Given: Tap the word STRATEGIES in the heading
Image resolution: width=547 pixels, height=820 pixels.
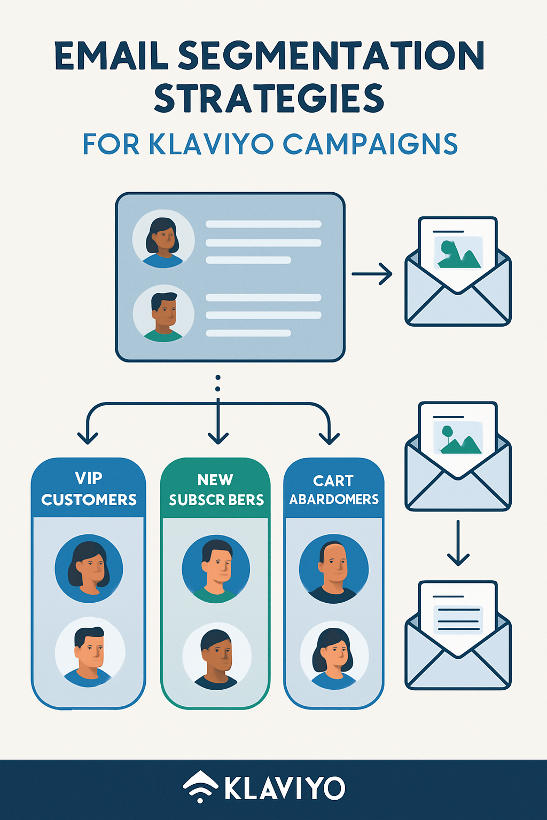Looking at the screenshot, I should [269, 99].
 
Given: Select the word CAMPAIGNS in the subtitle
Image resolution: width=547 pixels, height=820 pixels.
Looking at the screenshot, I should [370, 144].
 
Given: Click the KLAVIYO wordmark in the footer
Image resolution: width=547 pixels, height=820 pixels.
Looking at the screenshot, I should [284, 789].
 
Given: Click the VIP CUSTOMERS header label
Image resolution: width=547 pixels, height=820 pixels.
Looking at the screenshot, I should [89, 488].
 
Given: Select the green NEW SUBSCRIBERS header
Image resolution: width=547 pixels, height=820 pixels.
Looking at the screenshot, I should [216, 489].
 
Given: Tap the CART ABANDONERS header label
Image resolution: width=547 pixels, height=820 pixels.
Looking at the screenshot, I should [334, 489].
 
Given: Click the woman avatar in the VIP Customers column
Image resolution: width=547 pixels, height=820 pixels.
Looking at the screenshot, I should [89, 569].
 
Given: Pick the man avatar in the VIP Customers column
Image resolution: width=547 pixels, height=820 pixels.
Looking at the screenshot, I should [90, 652].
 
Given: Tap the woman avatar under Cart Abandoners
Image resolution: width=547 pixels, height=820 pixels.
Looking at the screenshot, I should [334, 655].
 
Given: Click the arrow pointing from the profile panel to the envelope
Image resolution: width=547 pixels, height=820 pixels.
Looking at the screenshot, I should [372, 274].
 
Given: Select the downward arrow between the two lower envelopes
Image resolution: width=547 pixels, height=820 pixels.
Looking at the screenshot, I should [458, 543].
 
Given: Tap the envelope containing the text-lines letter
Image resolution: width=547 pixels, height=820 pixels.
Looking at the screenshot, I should [458, 635].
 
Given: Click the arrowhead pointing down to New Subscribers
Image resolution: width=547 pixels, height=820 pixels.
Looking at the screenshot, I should [218, 438].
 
